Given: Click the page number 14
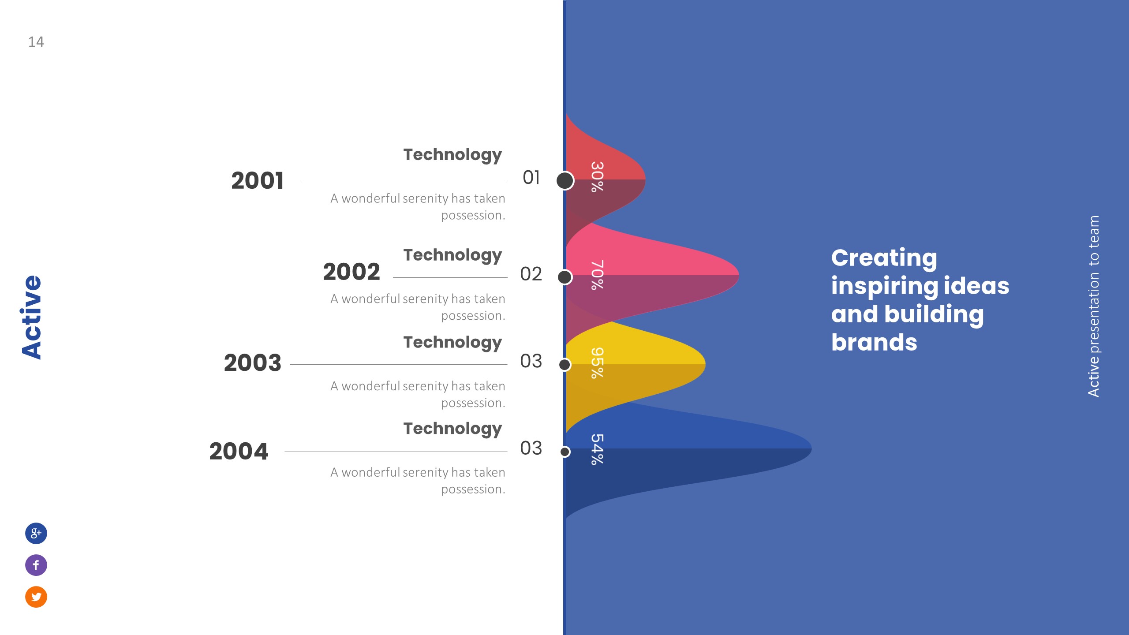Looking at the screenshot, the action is click(36, 42).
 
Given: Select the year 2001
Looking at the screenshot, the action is click(258, 181).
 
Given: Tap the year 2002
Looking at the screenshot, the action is click(351, 272).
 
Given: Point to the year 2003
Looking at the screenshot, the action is click(252, 363).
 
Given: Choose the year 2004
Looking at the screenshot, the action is click(239, 451).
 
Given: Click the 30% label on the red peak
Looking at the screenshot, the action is click(597, 177).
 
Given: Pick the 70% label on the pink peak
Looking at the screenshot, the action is click(597, 275).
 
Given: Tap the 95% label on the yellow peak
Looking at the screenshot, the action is click(597, 363).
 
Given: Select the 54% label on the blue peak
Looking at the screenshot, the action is click(597, 449).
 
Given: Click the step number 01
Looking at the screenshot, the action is click(531, 178).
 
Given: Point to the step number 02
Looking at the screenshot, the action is click(531, 274).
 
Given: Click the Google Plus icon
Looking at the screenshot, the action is click(36, 533).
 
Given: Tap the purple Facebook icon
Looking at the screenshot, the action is click(36, 565).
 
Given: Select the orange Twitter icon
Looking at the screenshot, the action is click(36, 597).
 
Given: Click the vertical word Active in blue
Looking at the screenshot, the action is click(32, 317).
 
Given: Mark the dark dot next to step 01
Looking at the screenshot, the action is click(565, 180).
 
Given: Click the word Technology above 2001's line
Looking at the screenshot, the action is click(452, 155).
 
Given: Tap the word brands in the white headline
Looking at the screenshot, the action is click(874, 342).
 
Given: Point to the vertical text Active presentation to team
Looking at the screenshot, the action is click(1093, 306).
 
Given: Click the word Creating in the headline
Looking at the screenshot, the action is click(884, 258).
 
